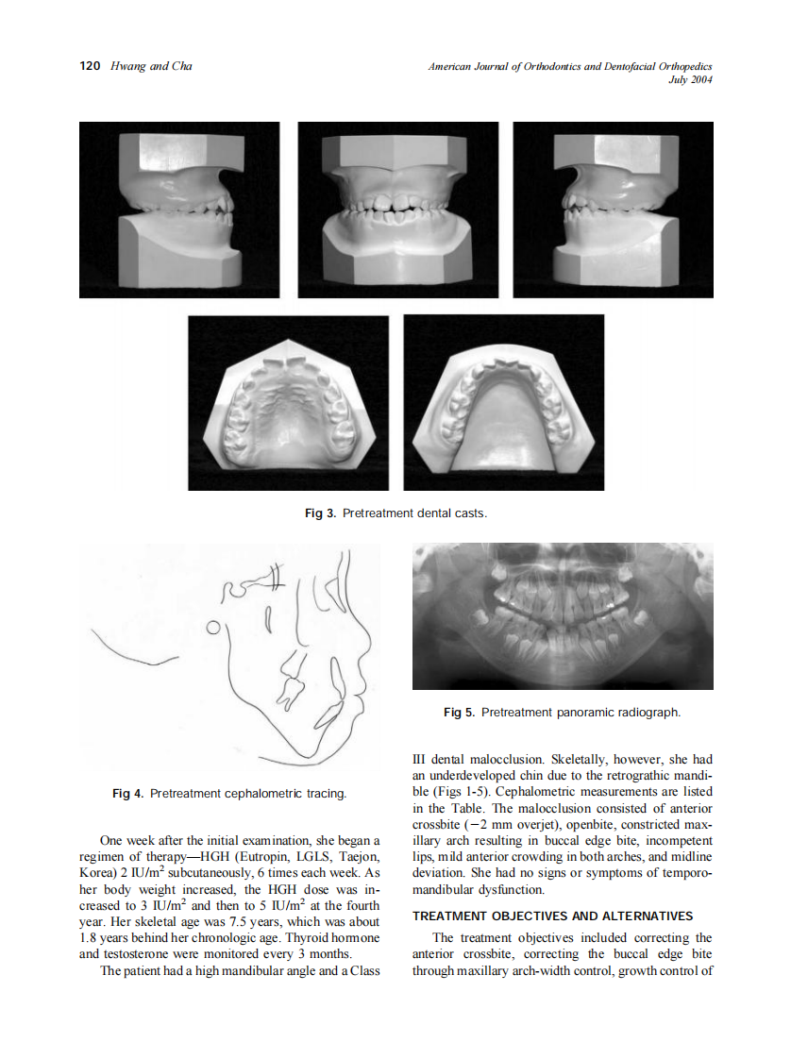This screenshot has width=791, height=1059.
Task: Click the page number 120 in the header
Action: pyautogui.click(x=90, y=66)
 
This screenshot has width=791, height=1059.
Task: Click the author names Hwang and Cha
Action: pyautogui.click(x=151, y=66)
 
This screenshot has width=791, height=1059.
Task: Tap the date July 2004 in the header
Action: pyautogui.click(x=689, y=79)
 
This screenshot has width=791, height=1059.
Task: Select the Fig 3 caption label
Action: pyautogui.click(x=314, y=513)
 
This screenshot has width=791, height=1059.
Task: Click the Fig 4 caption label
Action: pyautogui.click(x=128, y=794)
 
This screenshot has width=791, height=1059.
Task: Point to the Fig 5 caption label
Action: pyautogui.click(x=460, y=713)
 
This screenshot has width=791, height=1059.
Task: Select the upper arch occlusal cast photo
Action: pyautogui.click(x=288, y=403)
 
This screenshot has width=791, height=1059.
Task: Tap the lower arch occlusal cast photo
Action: pyautogui.click(x=503, y=403)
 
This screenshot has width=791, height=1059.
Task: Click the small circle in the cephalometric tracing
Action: pyautogui.click(x=214, y=627)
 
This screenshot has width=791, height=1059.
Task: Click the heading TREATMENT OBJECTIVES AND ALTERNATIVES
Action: pyautogui.click(x=553, y=916)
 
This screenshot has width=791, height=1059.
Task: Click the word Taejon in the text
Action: pyautogui.click(x=357, y=857)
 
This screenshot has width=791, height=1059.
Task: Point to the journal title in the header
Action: pyautogui.click(x=569, y=66)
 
